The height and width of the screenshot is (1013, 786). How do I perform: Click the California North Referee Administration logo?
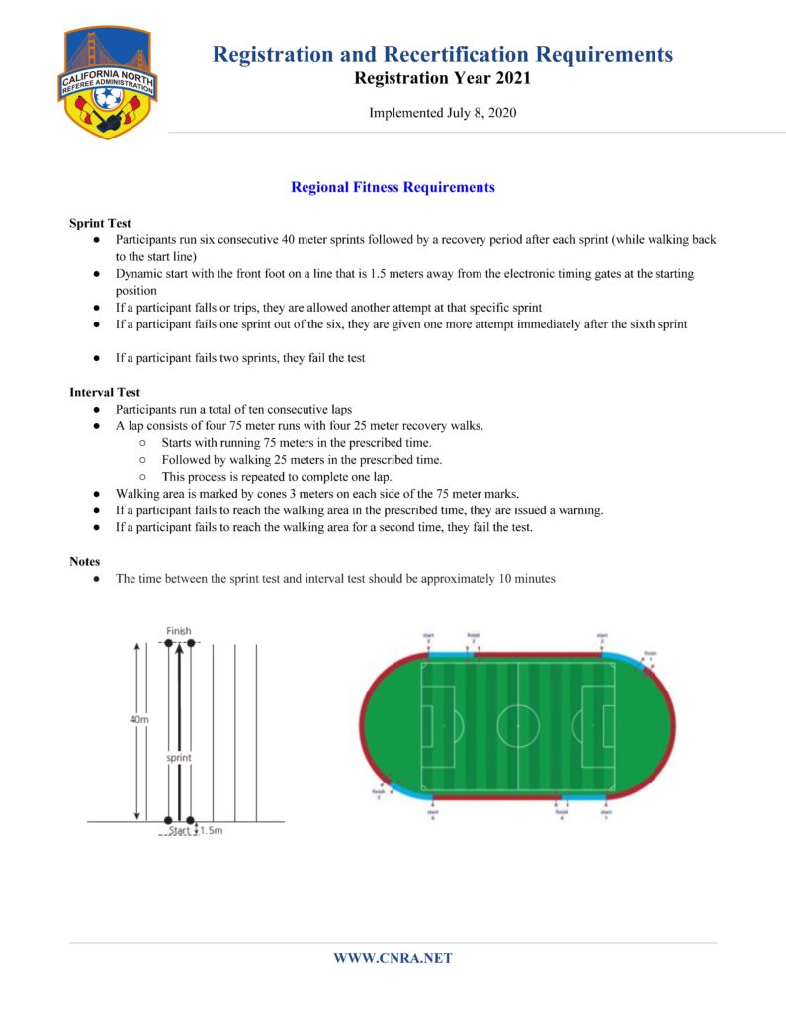[x=110, y=81]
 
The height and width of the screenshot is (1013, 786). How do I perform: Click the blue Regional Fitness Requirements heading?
[x=393, y=187]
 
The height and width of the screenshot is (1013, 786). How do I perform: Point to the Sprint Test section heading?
[x=100, y=223]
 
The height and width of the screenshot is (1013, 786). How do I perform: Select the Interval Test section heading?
[x=105, y=392]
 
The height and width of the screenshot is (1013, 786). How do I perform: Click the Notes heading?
[x=84, y=561]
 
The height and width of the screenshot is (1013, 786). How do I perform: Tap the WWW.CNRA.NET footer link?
[x=393, y=958]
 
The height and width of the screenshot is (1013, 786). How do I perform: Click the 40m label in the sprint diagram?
[x=139, y=719]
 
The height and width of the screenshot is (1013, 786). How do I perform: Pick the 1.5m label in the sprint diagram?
[x=211, y=831]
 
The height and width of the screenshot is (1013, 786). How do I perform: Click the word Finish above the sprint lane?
[x=179, y=631]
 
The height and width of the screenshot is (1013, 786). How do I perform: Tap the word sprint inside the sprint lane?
[x=179, y=757]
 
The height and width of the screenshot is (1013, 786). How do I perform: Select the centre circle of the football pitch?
[x=518, y=726]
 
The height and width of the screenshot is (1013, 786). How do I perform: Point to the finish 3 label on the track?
[x=378, y=792]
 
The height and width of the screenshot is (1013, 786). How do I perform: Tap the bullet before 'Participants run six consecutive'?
[x=97, y=240]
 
